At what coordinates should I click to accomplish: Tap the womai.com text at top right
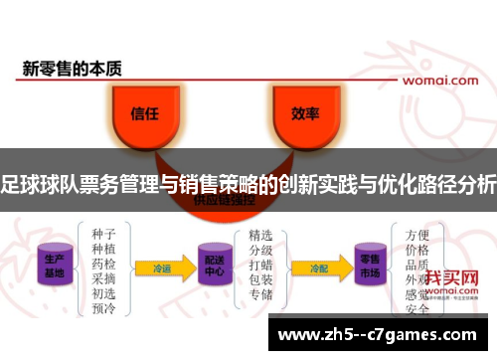[x=444, y=79]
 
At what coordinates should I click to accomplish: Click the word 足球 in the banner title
[x=19, y=183]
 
